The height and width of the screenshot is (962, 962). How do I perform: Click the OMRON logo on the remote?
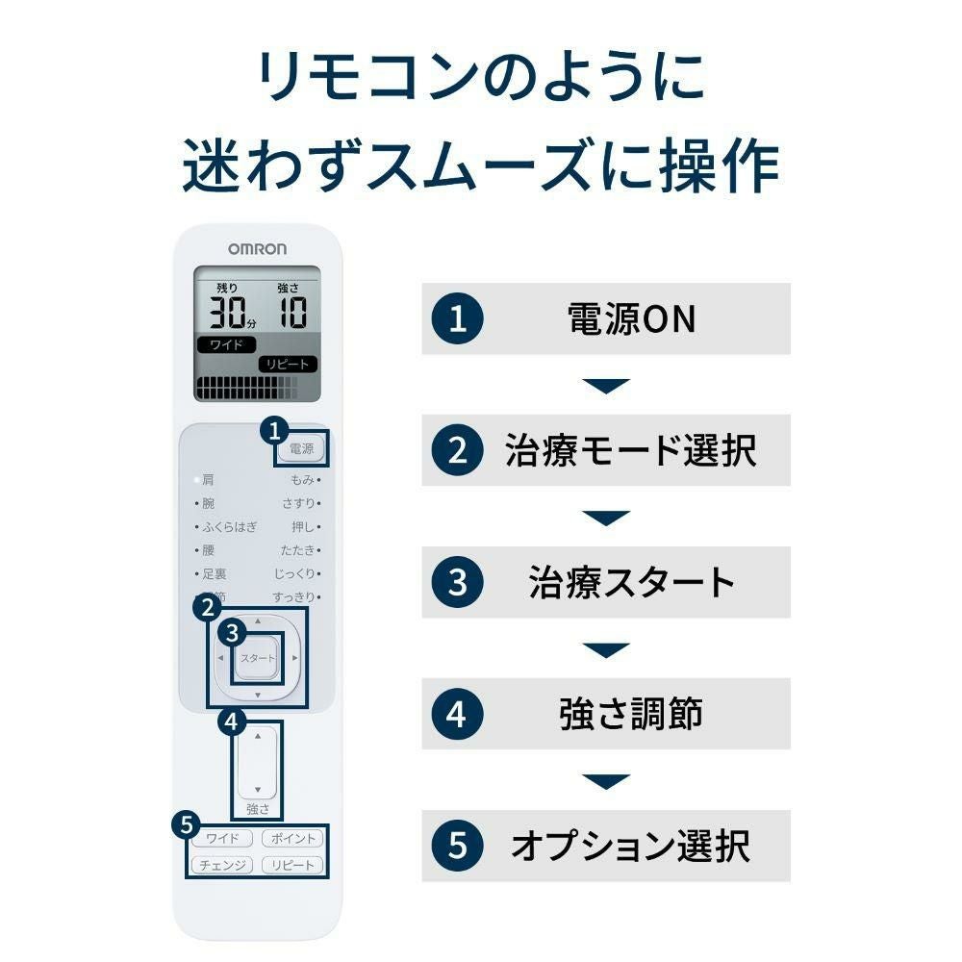[x=257, y=248]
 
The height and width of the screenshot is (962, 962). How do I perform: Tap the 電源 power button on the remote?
[x=301, y=448]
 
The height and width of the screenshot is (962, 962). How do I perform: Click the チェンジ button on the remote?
[x=222, y=865]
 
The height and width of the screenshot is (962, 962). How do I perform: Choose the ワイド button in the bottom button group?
[x=222, y=839]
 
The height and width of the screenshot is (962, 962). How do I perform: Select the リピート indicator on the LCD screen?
[x=287, y=365]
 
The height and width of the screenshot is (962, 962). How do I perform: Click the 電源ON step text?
[x=631, y=319]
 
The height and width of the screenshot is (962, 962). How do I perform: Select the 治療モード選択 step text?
[x=631, y=450]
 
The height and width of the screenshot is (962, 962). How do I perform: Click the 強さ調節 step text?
[x=631, y=714]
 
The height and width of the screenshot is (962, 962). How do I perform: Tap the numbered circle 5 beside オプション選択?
[x=458, y=846]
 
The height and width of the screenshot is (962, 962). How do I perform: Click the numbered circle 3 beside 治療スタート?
[x=458, y=582]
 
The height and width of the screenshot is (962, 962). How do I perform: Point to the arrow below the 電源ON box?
[x=606, y=386]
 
